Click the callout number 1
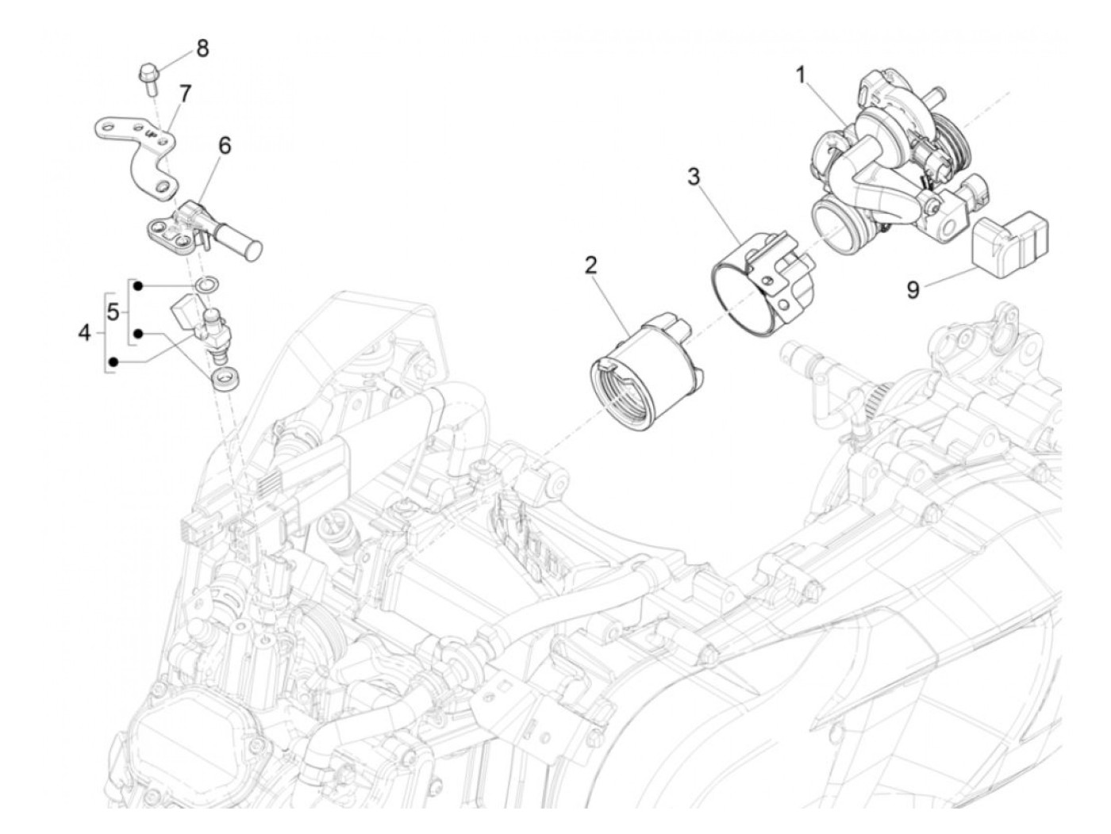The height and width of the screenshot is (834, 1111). click(801, 76)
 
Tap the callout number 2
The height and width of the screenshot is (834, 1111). click(590, 266)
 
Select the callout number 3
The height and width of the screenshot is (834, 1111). click(694, 177)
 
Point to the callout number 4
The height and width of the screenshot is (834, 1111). click(85, 333)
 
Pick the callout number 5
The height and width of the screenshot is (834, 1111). click(113, 312)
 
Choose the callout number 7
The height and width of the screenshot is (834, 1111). click(184, 94)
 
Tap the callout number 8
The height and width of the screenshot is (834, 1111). click(203, 49)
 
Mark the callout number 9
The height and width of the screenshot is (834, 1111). click(913, 291)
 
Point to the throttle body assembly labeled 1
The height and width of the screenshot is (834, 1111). click(881, 166)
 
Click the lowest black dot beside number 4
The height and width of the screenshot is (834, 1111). click(114, 363)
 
